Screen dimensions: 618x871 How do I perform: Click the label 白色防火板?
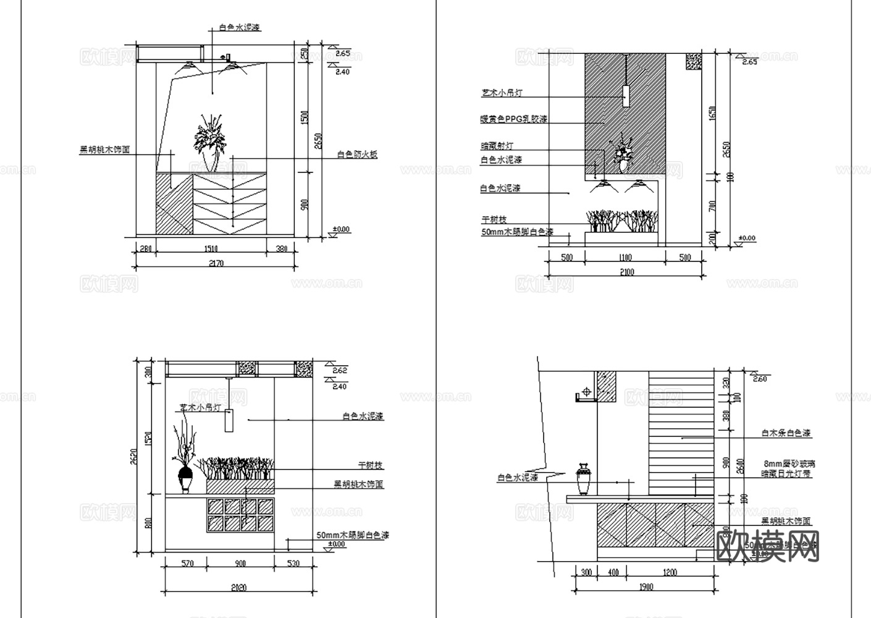tap(357, 155)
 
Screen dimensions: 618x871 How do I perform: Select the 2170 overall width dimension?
tap(216, 263)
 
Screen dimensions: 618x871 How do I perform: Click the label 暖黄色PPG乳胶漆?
tap(513, 119)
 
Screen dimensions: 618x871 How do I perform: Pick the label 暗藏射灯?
tap(497, 146)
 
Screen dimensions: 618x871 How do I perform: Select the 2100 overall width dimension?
tap(625, 272)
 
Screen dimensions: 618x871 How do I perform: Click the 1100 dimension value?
tap(625, 258)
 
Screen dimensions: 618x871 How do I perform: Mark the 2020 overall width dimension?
tap(238, 588)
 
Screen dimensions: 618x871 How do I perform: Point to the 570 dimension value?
tap(186, 563)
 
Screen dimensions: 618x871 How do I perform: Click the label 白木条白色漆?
tap(786, 434)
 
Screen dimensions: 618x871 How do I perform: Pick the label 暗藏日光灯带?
tap(786, 474)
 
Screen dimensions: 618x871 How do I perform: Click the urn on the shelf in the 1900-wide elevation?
tap(584, 479)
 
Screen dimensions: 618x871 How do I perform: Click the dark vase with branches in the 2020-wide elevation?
tap(185, 477)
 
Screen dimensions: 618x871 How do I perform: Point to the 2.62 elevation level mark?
tap(340, 371)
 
